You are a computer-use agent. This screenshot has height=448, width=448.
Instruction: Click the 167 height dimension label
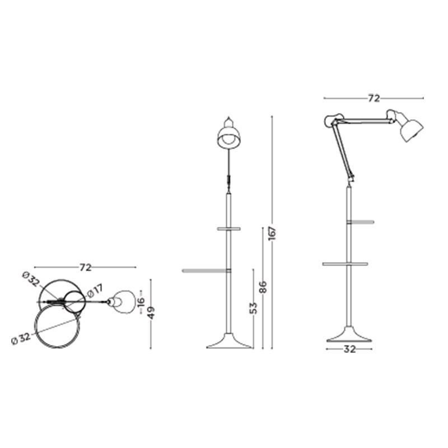point(272,233)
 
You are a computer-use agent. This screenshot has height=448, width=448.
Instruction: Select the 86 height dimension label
point(263,287)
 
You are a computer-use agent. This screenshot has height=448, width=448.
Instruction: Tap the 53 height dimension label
point(253,308)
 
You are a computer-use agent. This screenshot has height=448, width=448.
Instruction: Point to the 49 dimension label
point(151,312)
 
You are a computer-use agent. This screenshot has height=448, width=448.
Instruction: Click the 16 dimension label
point(141,302)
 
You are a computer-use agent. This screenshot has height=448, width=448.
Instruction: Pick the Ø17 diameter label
point(95,291)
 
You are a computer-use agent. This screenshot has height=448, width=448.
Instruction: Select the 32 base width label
point(349,349)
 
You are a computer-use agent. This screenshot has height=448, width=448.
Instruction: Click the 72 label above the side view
point(374,99)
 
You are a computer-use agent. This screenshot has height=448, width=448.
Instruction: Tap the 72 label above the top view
point(86,268)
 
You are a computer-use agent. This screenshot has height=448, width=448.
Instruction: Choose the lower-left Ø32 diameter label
point(21,339)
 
